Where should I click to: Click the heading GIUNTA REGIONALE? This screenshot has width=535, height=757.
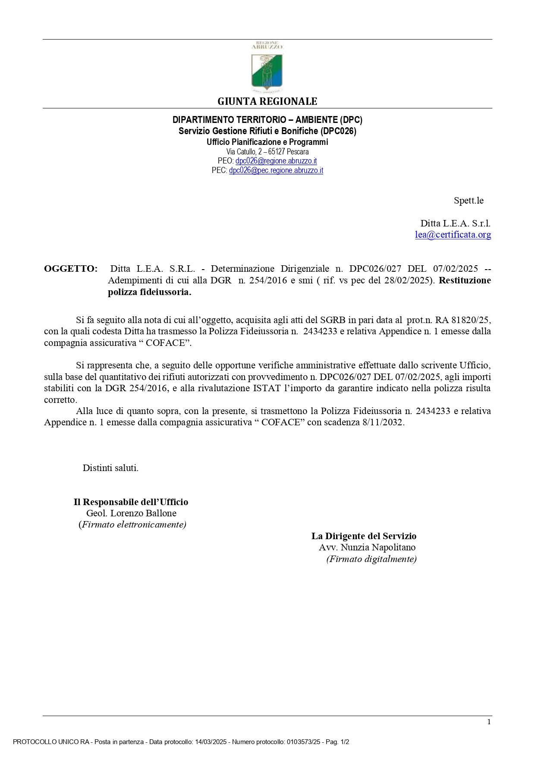pos(267,101)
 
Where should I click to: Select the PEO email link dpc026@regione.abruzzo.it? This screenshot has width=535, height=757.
pos(276,161)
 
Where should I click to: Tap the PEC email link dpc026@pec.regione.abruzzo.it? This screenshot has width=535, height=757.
pos(276,170)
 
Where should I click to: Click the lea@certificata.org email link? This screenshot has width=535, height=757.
pos(453,235)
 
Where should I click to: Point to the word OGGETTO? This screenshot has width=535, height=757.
pos(71,269)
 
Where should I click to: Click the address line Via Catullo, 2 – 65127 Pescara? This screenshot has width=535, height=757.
pos(267,151)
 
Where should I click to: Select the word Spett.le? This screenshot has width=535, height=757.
pos(469,201)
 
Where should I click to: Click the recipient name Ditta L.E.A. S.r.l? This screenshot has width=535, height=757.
pos(455,223)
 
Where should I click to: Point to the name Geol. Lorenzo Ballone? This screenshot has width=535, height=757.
pos(131,513)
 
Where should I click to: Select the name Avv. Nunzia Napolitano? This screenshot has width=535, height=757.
pos(367,547)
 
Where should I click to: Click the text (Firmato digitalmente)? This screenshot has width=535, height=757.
pos(371,559)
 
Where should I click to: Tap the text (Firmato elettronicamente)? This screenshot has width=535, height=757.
pos(132,525)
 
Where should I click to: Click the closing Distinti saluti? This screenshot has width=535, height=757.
pos(110,468)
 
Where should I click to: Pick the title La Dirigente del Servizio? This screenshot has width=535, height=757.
pos(364,536)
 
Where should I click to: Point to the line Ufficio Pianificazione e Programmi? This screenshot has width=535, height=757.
pos(267,142)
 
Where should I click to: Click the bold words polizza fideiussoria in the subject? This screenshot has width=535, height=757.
pos(149,292)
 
